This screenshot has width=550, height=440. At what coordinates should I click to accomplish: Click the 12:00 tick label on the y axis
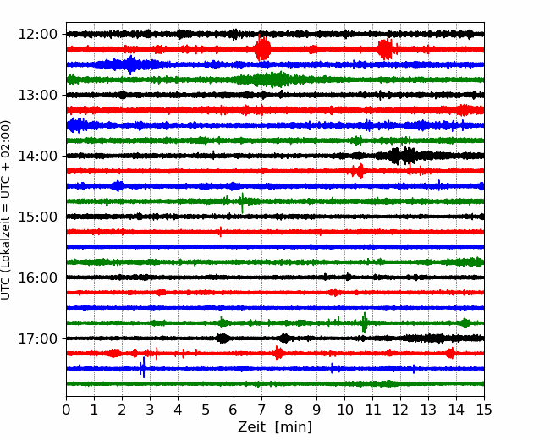click(37, 35)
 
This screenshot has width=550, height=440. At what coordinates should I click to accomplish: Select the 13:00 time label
click(37, 95)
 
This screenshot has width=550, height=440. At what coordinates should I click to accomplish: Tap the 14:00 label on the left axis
click(37, 156)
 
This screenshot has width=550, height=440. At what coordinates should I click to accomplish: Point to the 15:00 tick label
click(37, 217)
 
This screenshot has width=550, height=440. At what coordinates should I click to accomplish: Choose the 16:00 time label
click(37, 278)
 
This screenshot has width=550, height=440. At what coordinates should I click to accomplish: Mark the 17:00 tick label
click(37, 338)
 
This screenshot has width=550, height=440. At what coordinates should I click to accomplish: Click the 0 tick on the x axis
click(66, 410)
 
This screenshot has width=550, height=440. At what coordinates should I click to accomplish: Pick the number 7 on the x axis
click(261, 410)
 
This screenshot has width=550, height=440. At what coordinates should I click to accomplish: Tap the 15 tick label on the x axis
click(484, 410)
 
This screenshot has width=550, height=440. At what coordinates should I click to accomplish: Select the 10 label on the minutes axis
click(344, 410)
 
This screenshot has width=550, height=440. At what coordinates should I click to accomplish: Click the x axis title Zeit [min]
click(275, 427)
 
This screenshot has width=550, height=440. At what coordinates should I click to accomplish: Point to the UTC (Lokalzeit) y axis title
click(6, 210)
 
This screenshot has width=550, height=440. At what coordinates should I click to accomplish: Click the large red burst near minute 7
click(262, 48)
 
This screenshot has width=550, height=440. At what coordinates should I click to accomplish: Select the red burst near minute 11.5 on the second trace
click(385, 49)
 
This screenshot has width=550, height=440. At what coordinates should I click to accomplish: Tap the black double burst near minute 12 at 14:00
click(402, 156)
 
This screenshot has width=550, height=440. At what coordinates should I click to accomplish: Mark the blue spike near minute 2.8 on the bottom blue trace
click(143, 368)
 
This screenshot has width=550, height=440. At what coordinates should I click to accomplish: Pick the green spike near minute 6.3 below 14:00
click(242, 203)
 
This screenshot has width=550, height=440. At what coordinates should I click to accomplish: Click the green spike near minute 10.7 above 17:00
click(365, 322)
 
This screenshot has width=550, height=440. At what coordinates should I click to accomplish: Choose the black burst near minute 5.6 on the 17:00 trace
click(223, 338)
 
